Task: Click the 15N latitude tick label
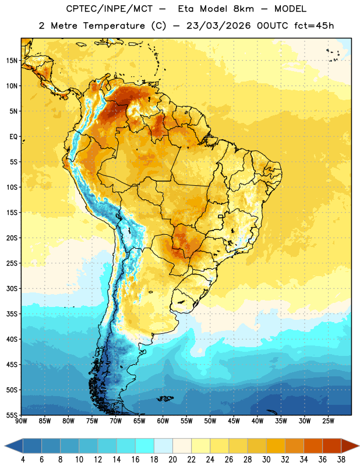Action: pos(12,61)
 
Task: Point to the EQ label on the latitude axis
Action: pos(13,137)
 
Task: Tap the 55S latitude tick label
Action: pos(12,415)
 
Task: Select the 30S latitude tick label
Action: pos(12,288)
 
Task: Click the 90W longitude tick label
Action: pos(21,421)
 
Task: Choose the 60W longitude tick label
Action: pos(163,421)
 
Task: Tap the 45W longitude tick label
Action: pos(234,421)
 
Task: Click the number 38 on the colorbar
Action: pos(341,460)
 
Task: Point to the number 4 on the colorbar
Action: pos(23,460)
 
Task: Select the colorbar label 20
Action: pos(172,460)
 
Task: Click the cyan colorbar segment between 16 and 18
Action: pos(145,446)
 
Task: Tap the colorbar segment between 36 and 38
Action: pos(332,446)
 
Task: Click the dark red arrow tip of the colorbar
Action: pos(350,446)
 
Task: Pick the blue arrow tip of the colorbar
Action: pos(13,446)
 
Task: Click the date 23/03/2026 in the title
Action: pos(218,26)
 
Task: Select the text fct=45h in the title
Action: pos(314,26)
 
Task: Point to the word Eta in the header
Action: pos(186,9)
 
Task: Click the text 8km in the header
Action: pos(243,9)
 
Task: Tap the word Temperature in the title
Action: pos(114,26)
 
